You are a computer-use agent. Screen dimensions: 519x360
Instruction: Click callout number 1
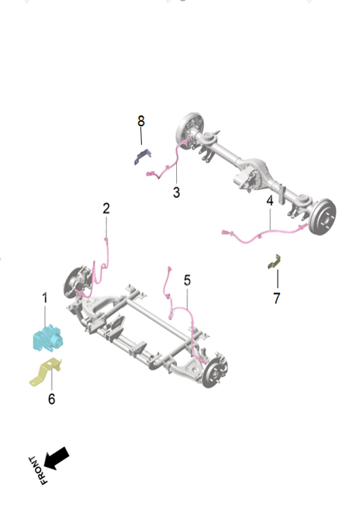[44, 298]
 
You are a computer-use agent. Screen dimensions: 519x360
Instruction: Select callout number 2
[106, 208]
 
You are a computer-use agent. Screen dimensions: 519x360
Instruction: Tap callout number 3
[176, 192]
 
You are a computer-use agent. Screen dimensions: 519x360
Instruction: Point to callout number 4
[270, 200]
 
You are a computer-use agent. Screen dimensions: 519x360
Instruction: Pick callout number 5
[187, 279]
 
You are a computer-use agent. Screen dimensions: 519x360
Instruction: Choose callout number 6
[51, 399]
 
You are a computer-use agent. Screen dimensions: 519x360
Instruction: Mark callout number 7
[276, 298]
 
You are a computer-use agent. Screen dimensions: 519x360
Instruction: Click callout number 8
[141, 121]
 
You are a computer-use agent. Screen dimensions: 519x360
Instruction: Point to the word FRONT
[37, 472]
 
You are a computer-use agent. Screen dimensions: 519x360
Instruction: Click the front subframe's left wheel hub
[75, 282]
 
